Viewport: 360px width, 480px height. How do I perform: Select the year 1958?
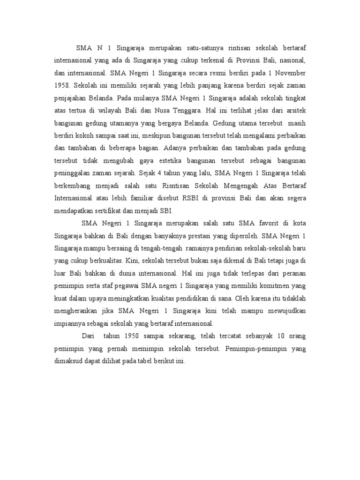(x=62, y=86)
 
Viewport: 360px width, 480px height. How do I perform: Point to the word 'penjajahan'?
(x=71, y=99)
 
